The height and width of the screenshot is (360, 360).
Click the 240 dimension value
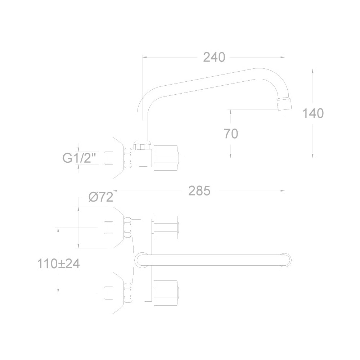[214, 57]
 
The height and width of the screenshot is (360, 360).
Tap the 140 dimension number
[313, 113]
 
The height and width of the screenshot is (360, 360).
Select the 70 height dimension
[231, 134]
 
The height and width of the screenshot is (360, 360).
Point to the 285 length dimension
[199, 191]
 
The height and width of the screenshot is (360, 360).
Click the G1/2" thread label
[79, 158]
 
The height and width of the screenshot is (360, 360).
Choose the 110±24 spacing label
[59, 264]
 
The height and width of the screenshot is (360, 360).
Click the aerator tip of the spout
[284, 104]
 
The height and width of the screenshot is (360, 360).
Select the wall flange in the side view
[118, 158]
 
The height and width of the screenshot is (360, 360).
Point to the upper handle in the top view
[166, 228]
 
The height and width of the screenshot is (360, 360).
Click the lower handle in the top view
[166, 293]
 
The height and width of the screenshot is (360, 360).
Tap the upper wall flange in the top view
[118, 228]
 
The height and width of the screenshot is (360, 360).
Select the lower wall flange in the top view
[118, 293]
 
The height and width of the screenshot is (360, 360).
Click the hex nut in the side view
[128, 158]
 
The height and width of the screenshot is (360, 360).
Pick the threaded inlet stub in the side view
[108, 158]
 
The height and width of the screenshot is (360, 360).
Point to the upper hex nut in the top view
[128, 228]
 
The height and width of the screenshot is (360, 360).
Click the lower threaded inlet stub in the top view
[108, 293]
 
